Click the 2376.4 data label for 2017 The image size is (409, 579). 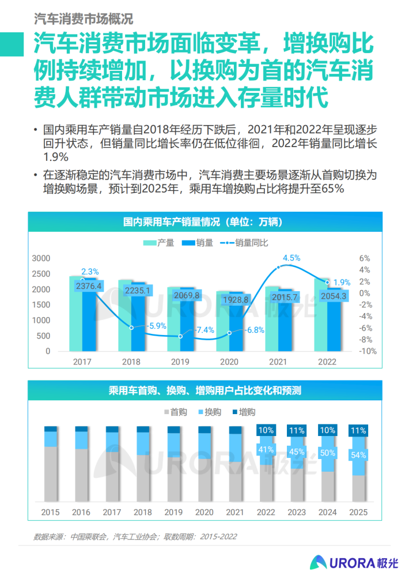pos(88,286)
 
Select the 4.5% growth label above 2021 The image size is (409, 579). pos(291,258)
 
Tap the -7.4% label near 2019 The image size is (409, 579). pos(204,330)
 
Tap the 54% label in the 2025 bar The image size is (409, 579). pos(358,455)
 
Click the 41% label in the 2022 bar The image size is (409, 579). pos(266,449)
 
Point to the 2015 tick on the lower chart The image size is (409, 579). pos(50,512)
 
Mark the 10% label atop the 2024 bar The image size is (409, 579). pos(327,430)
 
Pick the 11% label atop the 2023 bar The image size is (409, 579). pos(297,430)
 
